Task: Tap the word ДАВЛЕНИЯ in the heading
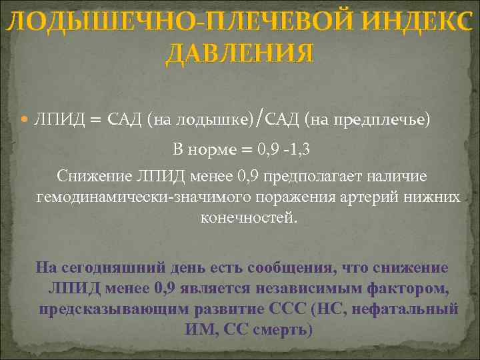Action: point(239,53)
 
